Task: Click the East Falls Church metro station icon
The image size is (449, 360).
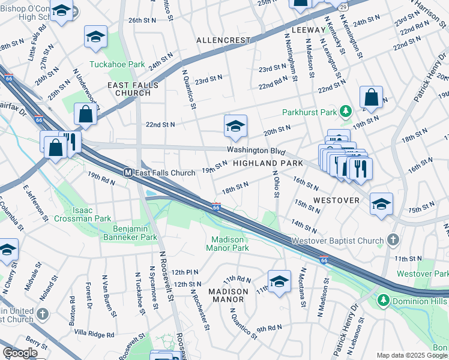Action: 128,173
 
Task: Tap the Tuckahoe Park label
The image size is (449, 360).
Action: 109,64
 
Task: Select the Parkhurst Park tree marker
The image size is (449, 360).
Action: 345,111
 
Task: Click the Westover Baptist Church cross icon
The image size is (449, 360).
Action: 393,241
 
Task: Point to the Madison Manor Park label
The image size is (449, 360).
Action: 227,243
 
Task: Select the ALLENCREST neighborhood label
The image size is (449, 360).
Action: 223,40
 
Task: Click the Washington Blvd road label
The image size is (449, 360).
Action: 255,151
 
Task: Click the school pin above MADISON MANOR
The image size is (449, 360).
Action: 279,281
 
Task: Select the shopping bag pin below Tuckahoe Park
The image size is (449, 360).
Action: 86,113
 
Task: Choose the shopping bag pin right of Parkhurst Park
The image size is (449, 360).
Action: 371,98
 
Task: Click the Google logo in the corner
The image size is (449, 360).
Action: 20,353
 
